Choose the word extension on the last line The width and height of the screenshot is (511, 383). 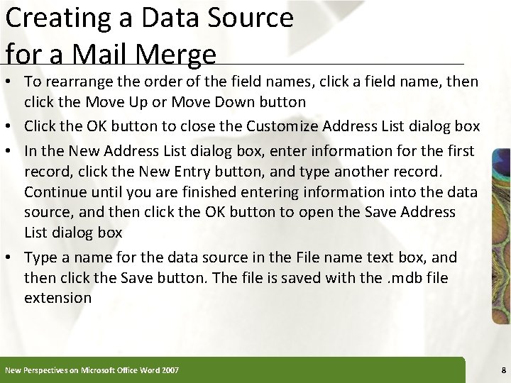click(57, 297)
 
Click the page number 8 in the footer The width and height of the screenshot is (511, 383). click(502, 370)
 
